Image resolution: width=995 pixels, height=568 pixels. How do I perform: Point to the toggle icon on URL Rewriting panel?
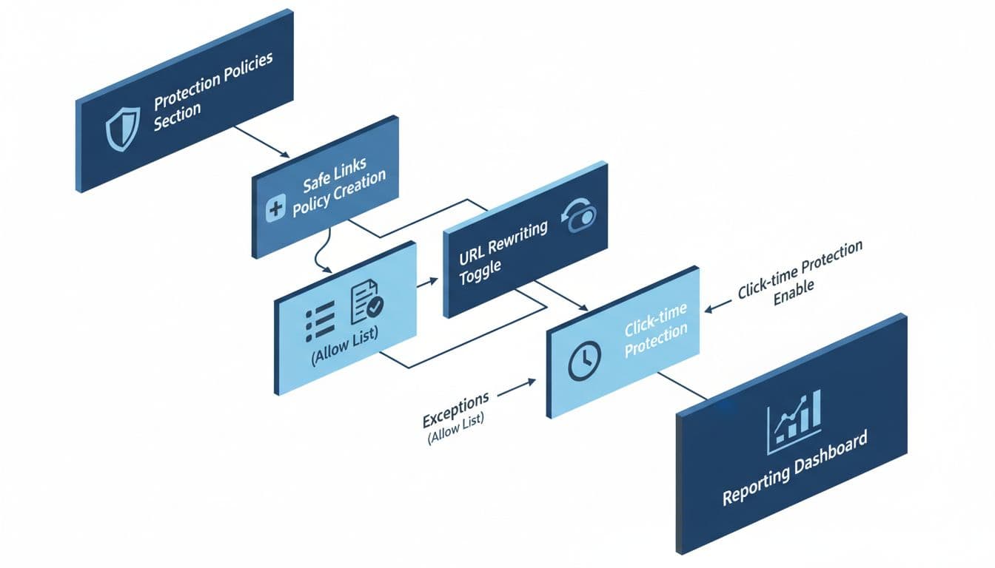point(580,217)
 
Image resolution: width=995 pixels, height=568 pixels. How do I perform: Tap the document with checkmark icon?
point(366,302)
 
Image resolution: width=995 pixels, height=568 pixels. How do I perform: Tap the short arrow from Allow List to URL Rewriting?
point(429,282)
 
